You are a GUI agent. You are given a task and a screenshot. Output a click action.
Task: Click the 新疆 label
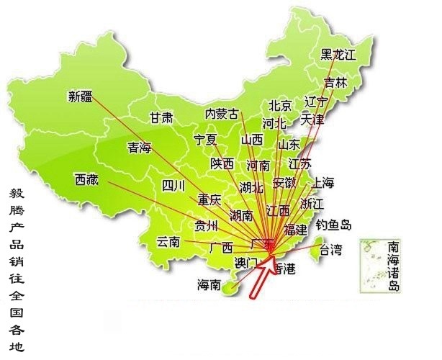(x=81, y=96)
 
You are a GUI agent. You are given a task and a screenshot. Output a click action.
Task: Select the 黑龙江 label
(x=338, y=54)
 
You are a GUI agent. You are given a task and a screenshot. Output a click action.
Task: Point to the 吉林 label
(x=335, y=82)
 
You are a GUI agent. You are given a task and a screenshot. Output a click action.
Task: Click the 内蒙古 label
(x=222, y=113)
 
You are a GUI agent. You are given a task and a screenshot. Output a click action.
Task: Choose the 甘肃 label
(x=161, y=117)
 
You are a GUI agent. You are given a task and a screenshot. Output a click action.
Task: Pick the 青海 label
(x=140, y=148)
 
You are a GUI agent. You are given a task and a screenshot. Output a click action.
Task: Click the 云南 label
(x=168, y=241)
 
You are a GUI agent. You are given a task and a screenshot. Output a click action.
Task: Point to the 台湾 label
(x=331, y=250)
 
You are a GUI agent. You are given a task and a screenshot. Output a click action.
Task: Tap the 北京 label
(x=280, y=106)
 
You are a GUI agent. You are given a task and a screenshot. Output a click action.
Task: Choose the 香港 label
(x=284, y=269)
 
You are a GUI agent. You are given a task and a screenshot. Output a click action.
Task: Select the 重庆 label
(x=210, y=199)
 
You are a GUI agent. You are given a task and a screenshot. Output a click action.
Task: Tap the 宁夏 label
(x=205, y=139)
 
